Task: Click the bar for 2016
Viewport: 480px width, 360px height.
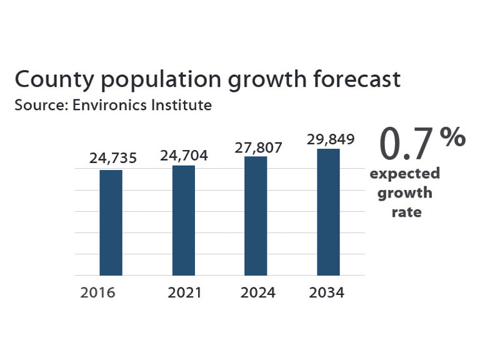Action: (x=111, y=222)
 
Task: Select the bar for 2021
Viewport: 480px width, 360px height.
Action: (x=183, y=220)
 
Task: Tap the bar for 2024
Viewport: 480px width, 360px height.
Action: (x=256, y=216)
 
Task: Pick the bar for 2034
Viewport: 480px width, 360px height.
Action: (x=328, y=212)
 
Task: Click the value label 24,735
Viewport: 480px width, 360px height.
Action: (x=112, y=159)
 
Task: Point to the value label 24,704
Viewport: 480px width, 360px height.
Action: (x=184, y=155)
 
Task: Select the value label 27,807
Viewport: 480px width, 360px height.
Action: (x=259, y=148)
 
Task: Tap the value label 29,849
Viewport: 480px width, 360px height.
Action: (x=331, y=139)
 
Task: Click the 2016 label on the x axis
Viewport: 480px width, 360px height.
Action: (x=97, y=292)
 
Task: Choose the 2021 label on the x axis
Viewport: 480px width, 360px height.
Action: (x=184, y=292)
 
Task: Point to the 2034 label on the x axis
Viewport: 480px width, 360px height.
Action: (x=327, y=292)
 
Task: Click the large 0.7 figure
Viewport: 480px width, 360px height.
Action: (x=406, y=144)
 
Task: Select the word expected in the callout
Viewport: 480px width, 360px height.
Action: (x=404, y=173)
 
